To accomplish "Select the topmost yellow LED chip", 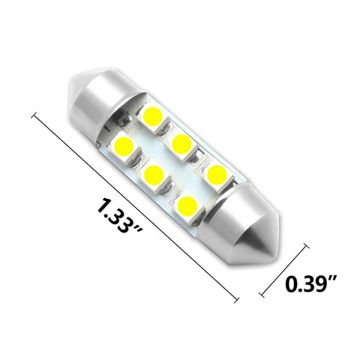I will pos(152,116).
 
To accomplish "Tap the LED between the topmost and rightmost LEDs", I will pos(180,144).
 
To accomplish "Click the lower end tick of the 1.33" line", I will pos(238,300).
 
